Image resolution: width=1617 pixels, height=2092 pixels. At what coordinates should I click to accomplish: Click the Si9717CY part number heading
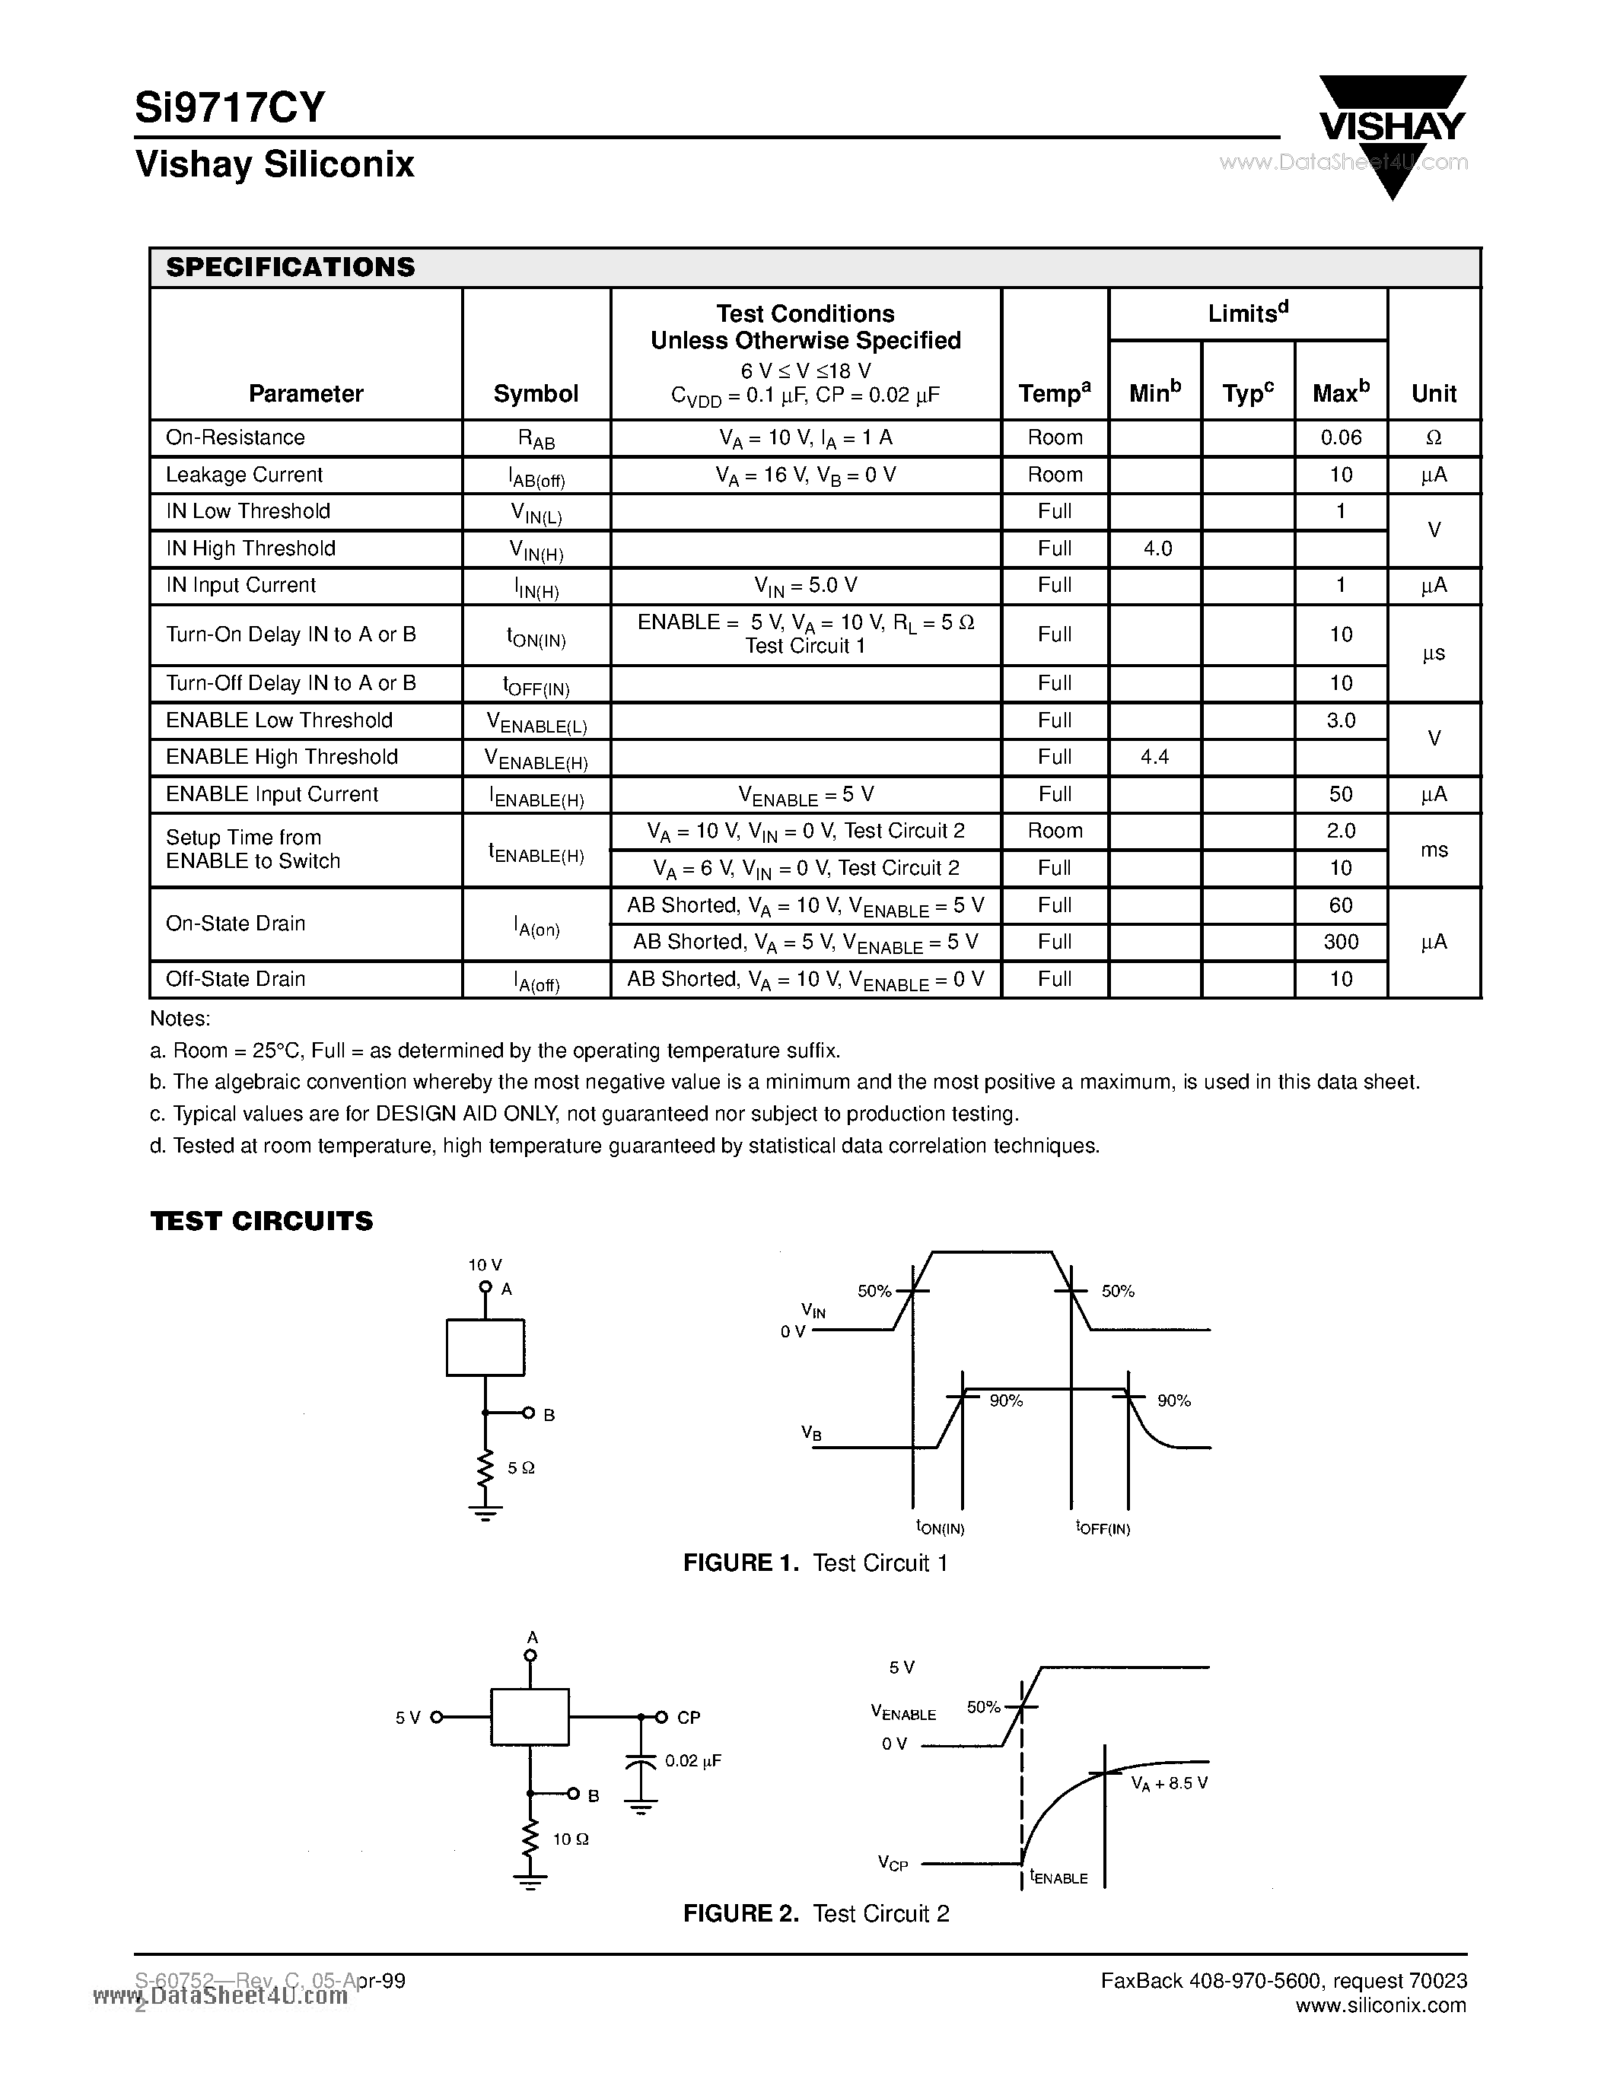[230, 107]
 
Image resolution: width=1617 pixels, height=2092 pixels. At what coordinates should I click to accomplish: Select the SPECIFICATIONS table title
[290, 267]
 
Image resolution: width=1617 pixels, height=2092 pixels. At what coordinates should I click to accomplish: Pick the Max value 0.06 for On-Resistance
[1340, 437]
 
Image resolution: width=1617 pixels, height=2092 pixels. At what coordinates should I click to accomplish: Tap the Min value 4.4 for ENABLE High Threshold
[1154, 757]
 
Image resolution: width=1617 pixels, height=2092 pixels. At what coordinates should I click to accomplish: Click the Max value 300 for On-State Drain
[1340, 942]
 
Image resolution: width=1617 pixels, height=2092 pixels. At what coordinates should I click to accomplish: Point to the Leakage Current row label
[244, 475]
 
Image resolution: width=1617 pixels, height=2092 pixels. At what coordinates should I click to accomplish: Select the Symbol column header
[536, 394]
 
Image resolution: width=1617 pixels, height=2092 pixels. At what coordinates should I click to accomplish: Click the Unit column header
[1433, 394]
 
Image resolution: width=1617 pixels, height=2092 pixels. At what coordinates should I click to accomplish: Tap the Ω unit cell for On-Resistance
[1433, 437]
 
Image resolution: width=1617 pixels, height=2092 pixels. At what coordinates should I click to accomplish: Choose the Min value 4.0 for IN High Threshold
[1157, 548]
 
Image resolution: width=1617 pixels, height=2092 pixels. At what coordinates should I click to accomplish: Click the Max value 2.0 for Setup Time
[1340, 831]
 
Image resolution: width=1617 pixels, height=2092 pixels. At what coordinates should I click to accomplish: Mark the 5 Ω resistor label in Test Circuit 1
[520, 1467]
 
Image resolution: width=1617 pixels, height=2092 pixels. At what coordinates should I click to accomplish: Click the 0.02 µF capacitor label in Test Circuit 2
[692, 1760]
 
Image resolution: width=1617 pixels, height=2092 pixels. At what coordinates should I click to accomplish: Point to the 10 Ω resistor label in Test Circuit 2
[570, 1839]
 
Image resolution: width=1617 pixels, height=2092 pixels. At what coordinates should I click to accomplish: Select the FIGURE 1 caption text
[815, 1563]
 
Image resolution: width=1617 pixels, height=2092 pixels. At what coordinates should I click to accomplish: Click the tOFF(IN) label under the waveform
[1103, 1528]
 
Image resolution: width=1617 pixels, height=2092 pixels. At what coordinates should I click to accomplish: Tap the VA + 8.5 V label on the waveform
[1169, 1784]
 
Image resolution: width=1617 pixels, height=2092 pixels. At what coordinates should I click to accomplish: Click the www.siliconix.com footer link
[1380, 2006]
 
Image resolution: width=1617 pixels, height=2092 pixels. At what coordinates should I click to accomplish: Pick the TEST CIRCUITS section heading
[262, 1221]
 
